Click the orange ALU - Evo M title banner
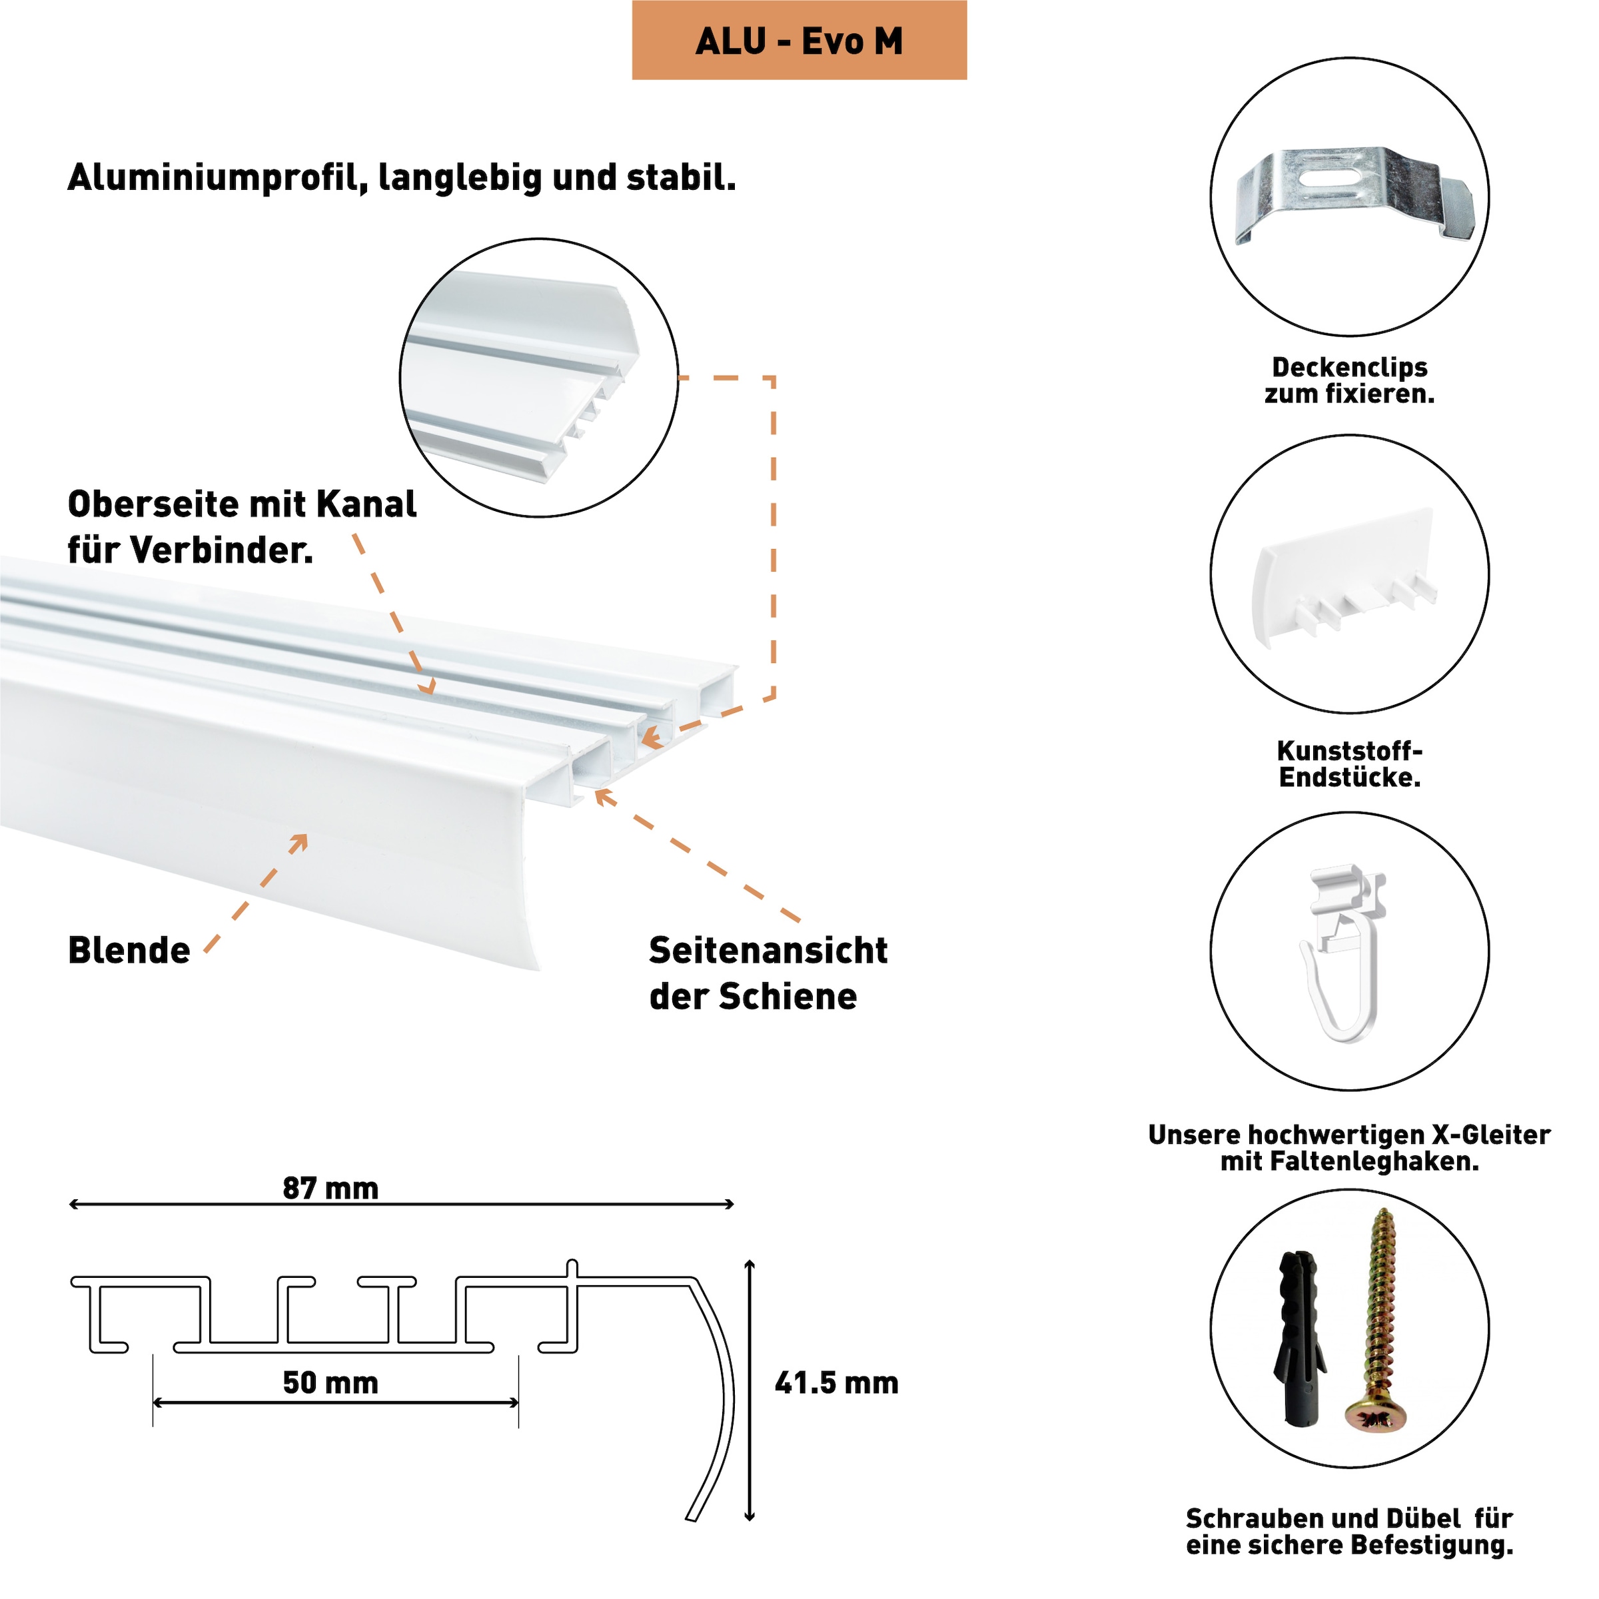799,41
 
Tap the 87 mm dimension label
330,1189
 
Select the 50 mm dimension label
330,1383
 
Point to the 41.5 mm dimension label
836,1383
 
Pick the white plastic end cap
1345,575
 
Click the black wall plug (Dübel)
1298,1340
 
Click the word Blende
129,951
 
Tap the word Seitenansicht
768,951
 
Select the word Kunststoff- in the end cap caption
1350,752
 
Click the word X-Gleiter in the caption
1490,1135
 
